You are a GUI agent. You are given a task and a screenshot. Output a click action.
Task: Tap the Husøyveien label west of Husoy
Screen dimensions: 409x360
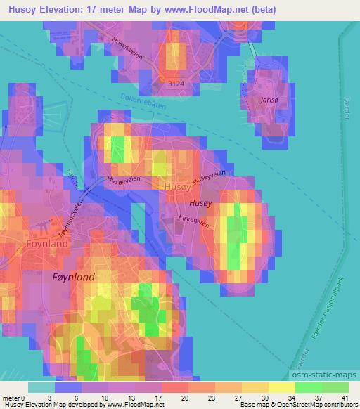tap(124, 180)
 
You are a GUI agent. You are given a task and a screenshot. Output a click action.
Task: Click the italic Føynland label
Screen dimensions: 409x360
tap(73, 277)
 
